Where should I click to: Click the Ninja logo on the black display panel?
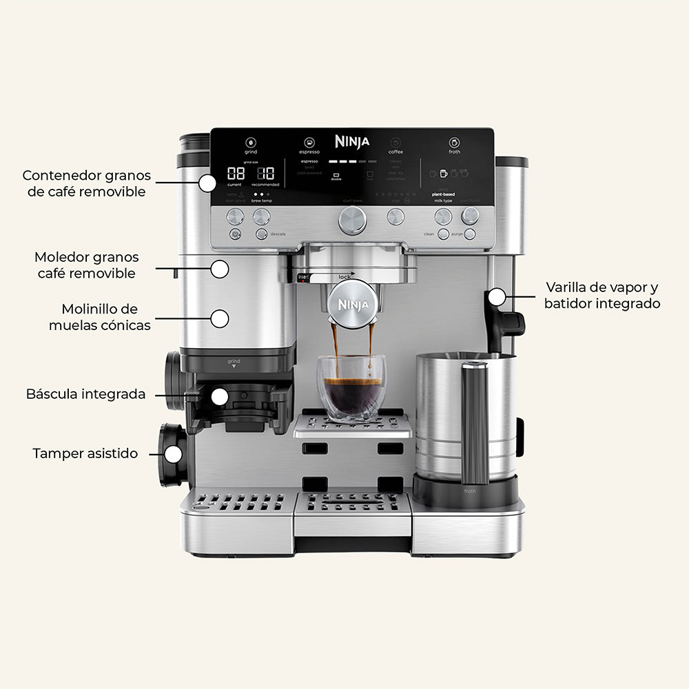click(x=352, y=141)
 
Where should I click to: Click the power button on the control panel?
click(x=235, y=234)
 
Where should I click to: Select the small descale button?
click(x=261, y=234)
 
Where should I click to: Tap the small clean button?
click(x=443, y=234)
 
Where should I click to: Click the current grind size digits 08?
click(x=236, y=174)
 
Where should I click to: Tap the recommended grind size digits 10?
click(x=266, y=174)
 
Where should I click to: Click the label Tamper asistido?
click(x=85, y=453)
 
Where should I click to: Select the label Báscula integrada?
click(x=86, y=394)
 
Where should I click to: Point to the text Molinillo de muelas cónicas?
click(x=99, y=317)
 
